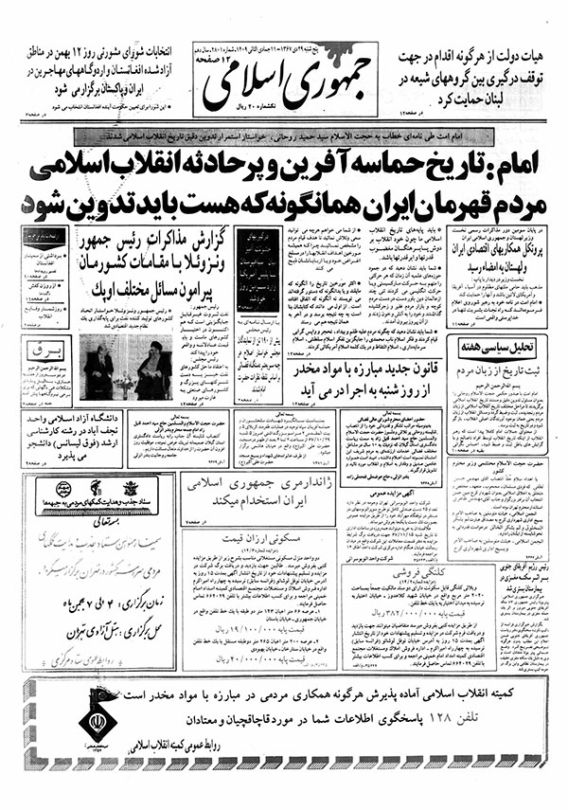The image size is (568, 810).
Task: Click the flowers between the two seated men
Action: tap(123, 377)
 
